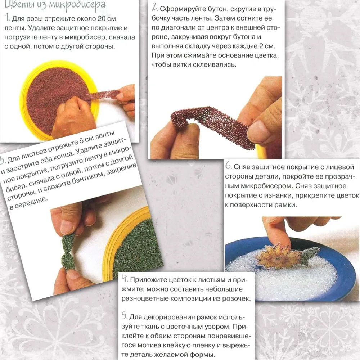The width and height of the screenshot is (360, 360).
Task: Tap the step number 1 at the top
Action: pos(7,17)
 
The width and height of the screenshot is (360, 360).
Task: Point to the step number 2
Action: pos(155,7)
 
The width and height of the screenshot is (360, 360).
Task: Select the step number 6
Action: pos(228,165)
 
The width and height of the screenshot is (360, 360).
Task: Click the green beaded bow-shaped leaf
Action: pos(68,253)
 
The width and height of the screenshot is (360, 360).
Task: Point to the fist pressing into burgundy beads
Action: pos(73,117)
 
